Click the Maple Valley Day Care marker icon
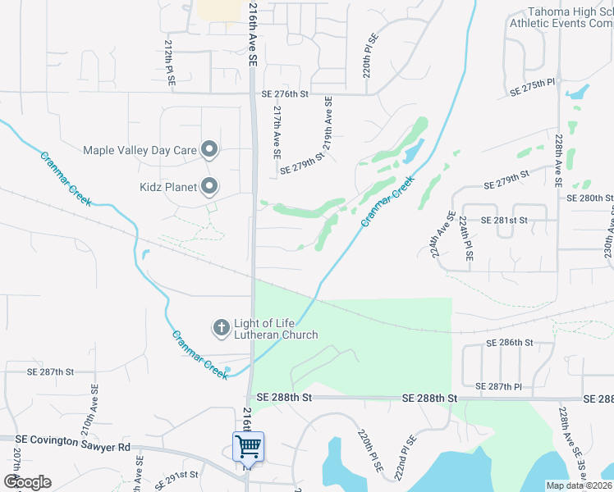tap(209, 149)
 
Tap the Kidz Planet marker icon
tap(209, 187)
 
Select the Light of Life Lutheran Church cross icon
tap(221, 328)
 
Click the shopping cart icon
tap(248, 448)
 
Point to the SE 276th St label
tap(285, 94)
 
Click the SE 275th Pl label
tap(533, 84)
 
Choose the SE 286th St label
tap(510, 342)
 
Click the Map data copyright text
tap(579, 485)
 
